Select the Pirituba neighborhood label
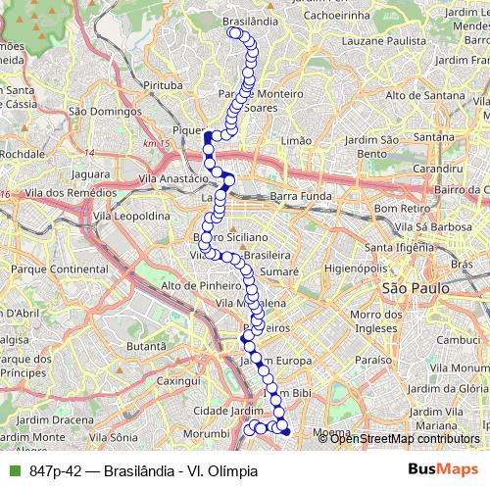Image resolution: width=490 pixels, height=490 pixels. [163, 86]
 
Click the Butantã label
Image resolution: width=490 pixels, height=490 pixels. [146, 346]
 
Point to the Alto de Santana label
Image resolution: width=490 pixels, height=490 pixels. [424, 95]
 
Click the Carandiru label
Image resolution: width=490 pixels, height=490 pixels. [437, 169]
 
